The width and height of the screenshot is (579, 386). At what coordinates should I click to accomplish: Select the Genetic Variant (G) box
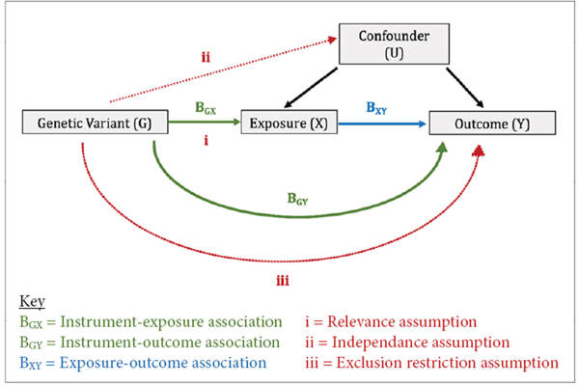click(x=95, y=123)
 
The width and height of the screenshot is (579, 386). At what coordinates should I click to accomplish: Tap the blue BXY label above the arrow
click(x=378, y=108)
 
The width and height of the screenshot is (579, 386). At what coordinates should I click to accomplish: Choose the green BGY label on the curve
click(x=300, y=200)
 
